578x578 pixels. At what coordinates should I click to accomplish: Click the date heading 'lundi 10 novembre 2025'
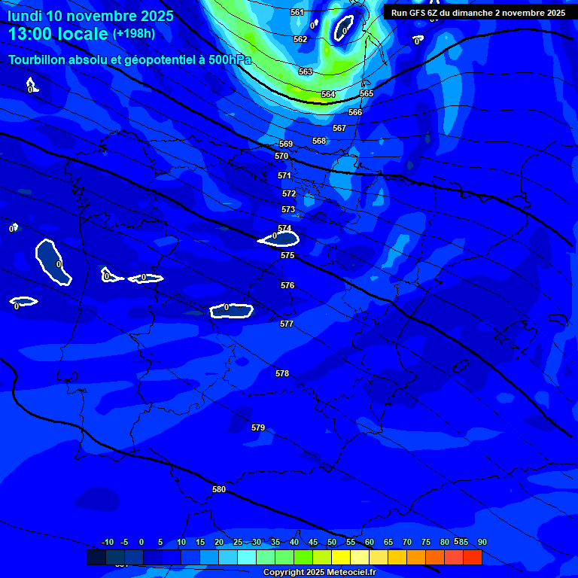[x=90, y=16]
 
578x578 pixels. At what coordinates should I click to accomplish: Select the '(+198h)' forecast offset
[x=134, y=34]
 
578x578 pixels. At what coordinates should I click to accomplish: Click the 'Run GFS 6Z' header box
[x=478, y=13]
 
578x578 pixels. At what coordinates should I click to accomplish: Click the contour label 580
[x=219, y=489]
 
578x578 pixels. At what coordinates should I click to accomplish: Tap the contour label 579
[x=258, y=427]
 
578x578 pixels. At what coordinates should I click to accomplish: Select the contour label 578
[x=282, y=373]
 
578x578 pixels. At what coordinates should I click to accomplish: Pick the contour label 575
[x=287, y=256]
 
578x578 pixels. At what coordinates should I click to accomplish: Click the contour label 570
[x=281, y=157]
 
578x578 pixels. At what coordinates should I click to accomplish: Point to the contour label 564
[x=328, y=94]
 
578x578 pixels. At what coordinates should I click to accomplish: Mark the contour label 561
[x=297, y=12]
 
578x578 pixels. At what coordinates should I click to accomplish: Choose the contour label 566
[x=355, y=112]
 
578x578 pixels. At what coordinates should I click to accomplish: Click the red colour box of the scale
[x=472, y=558]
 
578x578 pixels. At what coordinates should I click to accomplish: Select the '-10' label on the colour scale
[x=107, y=543]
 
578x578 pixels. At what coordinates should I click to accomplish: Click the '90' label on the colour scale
[x=482, y=543]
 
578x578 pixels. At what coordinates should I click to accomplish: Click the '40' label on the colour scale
[x=294, y=543]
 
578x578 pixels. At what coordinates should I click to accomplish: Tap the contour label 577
[x=287, y=324]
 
